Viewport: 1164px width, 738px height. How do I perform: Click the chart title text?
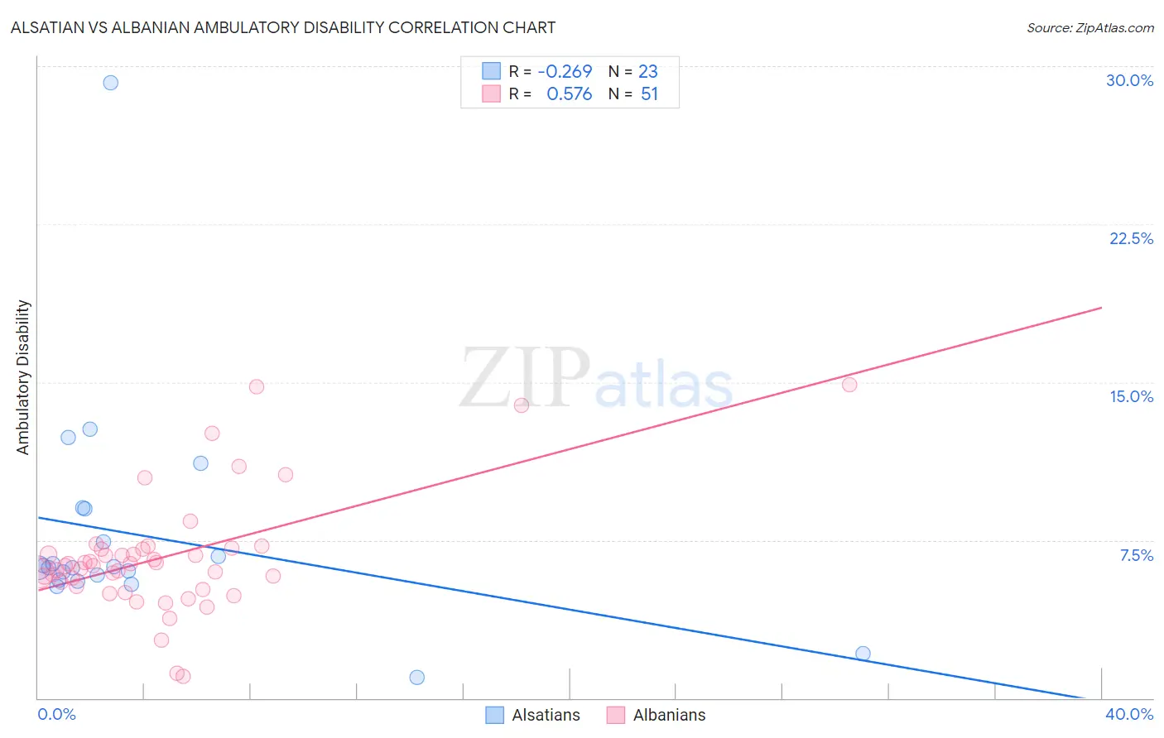(282, 27)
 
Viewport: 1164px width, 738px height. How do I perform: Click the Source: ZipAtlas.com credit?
(1089, 27)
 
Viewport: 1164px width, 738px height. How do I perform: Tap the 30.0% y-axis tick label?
(1129, 80)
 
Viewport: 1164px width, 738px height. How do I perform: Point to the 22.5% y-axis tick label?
(1131, 238)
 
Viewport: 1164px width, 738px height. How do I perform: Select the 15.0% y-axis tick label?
(1131, 396)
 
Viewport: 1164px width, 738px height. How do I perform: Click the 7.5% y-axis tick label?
(1136, 555)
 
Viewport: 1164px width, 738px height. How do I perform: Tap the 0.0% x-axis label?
(56, 714)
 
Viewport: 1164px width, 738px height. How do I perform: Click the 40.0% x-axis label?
(1128, 714)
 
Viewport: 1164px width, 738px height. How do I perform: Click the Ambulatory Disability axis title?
(23, 377)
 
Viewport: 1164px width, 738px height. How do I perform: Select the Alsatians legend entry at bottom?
(532, 715)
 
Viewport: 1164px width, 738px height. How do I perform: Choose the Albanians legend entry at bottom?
(656, 715)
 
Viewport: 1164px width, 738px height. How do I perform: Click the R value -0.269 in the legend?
(565, 72)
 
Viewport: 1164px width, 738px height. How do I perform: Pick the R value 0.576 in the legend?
(569, 94)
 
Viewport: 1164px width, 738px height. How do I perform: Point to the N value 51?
(649, 94)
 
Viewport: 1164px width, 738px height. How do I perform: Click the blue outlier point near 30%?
(110, 83)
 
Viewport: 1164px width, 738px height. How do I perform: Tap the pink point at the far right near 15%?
(849, 385)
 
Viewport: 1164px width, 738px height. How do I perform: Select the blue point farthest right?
(863, 654)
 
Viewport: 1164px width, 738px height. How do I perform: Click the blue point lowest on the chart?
(417, 678)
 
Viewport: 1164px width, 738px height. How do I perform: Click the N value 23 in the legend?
(647, 72)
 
